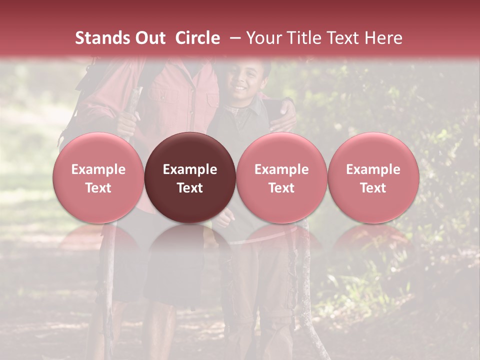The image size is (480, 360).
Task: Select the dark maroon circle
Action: [x=190, y=177]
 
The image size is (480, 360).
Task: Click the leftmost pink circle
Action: [x=98, y=177]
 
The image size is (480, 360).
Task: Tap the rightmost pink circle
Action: [x=373, y=177]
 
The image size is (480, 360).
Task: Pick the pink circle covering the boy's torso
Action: [x=281, y=177]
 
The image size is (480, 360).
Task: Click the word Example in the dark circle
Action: [x=190, y=169]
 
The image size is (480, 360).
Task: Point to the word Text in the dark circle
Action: [x=190, y=188]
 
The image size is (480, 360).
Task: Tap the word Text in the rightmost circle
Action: [x=373, y=188]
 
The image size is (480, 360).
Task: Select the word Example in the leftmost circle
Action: [x=98, y=169]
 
